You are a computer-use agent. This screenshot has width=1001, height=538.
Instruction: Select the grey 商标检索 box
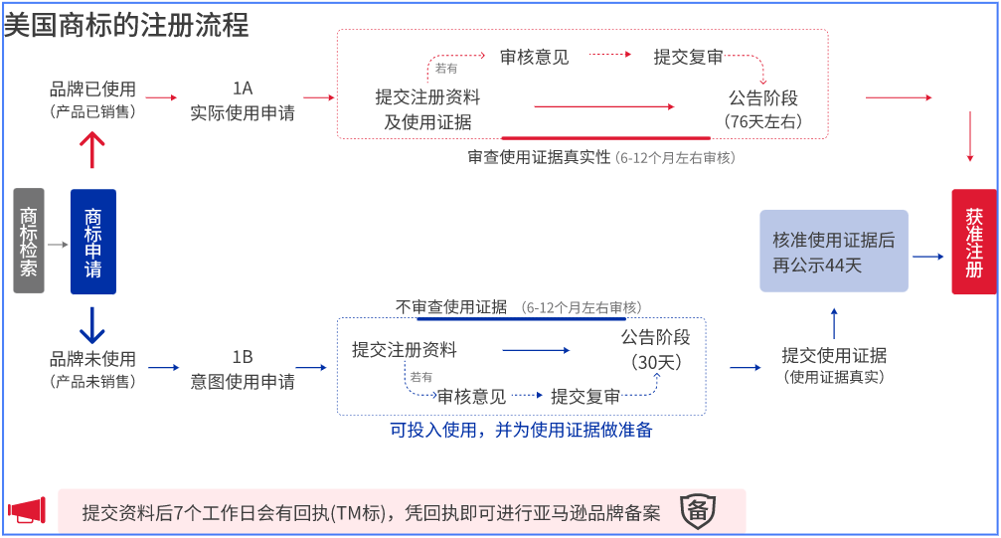29,241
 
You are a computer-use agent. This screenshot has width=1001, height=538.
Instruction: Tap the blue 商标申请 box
92,242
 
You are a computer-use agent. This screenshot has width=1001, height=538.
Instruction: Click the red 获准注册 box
973,242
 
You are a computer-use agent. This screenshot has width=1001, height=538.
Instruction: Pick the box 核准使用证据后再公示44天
833,251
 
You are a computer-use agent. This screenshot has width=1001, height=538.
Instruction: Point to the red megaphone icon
27,510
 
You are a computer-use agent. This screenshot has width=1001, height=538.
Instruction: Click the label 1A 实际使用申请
242,100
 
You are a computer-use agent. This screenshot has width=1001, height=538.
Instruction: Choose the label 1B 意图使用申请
242,369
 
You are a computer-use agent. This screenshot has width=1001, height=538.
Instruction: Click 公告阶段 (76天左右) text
762,109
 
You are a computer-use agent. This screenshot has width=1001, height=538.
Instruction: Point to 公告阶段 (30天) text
655,349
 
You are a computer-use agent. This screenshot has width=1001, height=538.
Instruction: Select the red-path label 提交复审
688,58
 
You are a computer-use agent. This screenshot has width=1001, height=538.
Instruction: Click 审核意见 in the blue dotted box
471,397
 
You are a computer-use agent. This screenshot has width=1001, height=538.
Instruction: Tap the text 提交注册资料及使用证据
427,109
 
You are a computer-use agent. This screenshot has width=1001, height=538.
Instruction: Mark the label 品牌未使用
92,359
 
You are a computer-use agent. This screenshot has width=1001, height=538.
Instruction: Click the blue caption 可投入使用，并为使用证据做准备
521,431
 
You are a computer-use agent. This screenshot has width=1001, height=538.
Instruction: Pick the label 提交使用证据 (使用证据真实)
834,365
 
